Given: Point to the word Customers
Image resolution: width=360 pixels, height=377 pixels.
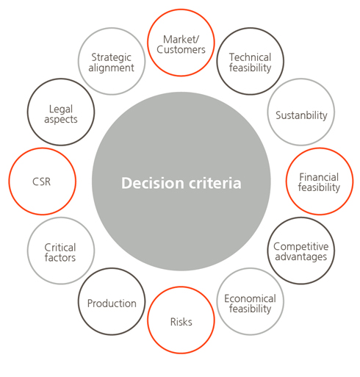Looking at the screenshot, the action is [x=181, y=50].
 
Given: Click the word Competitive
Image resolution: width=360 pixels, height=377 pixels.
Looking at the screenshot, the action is [x=301, y=247].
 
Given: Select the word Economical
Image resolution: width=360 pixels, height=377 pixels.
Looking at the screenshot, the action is [x=250, y=298].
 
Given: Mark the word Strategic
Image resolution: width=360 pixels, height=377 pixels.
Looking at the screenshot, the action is [x=111, y=58].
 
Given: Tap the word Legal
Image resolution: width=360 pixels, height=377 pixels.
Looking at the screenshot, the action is [x=61, y=109].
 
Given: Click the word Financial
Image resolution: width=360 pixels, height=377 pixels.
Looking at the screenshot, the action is [x=319, y=177].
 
